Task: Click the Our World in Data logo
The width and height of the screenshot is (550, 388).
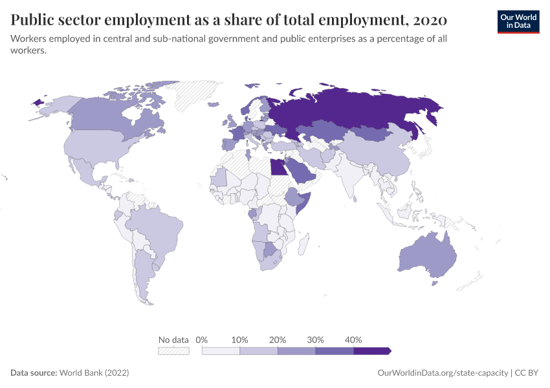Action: point(518,21)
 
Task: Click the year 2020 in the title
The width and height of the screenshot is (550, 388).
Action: point(428,20)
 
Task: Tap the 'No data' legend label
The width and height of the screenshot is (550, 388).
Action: point(173,339)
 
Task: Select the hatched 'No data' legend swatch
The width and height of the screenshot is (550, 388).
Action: point(173,350)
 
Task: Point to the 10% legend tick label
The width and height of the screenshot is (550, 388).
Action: point(240,339)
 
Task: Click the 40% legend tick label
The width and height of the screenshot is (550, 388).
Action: point(353,339)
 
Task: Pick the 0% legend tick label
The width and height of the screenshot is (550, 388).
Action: point(201,339)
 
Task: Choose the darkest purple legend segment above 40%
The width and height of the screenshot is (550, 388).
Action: point(371,350)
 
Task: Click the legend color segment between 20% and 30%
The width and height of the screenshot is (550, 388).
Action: point(296,350)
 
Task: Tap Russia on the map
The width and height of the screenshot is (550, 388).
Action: point(356,110)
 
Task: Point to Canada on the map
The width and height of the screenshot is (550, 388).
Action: point(104,116)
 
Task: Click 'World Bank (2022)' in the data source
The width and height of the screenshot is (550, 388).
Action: point(94,373)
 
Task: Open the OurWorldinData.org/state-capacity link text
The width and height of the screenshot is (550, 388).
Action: point(443,373)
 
